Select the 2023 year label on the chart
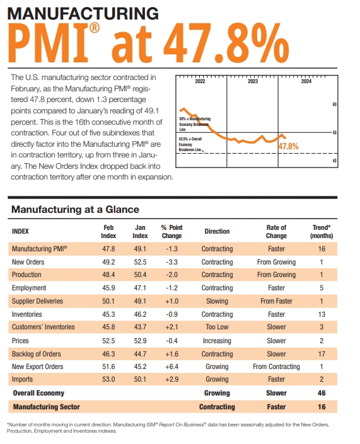pos(252,82)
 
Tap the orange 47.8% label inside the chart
pos(288,146)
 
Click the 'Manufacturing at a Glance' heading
pos(75,209)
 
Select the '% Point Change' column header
pos(171,231)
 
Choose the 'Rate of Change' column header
pos(276,231)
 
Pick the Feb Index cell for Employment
pos(108,288)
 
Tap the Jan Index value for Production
pos(141,275)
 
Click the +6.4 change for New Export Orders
pos(171,367)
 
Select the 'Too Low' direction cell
pos(217,327)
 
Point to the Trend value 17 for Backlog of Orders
pos(322,353)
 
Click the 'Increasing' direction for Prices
pos(217,340)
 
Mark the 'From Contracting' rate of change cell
pos(276,367)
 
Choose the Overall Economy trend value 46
pos(322,393)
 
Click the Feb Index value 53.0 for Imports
pos(108,380)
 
